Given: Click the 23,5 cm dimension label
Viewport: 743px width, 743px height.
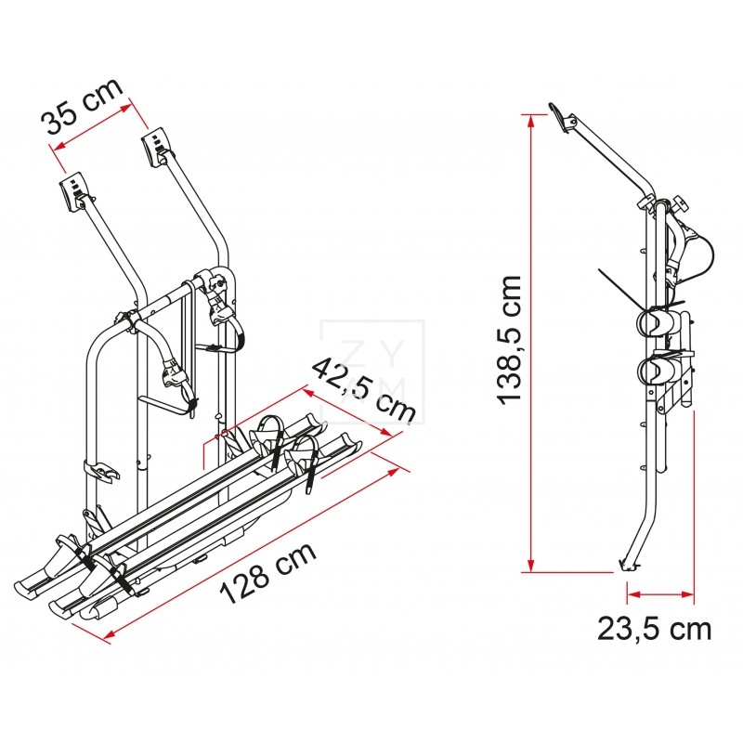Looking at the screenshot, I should [x=654, y=629].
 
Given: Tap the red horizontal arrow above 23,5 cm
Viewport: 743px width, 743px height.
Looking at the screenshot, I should [x=660, y=593].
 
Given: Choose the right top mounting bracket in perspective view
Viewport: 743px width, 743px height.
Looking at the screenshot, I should [x=156, y=146].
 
